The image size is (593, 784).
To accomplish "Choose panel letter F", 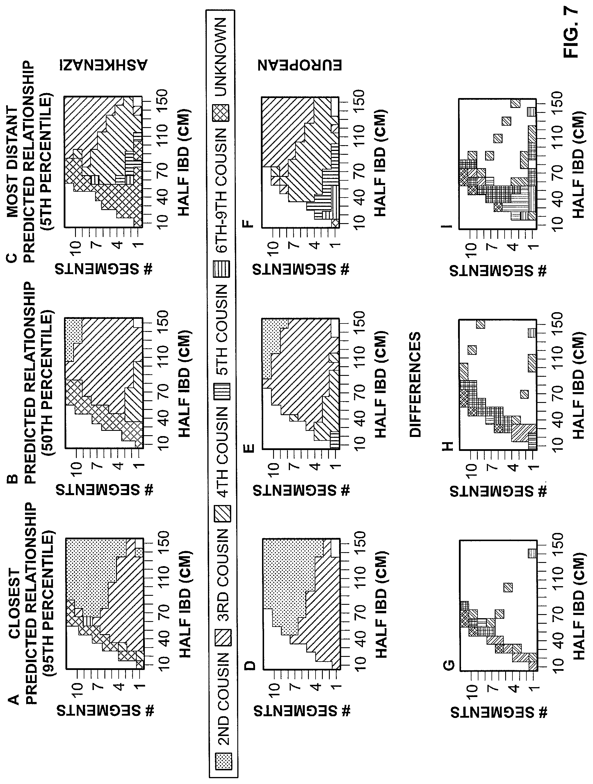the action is pos(250,224).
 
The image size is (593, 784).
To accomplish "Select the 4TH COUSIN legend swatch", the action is pos(224,514).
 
